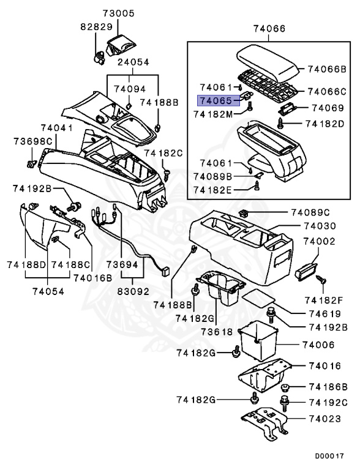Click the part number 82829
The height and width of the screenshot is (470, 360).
coord(96,28)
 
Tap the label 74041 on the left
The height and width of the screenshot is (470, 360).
coord(57,128)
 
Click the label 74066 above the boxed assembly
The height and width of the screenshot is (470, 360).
coord(269,28)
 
